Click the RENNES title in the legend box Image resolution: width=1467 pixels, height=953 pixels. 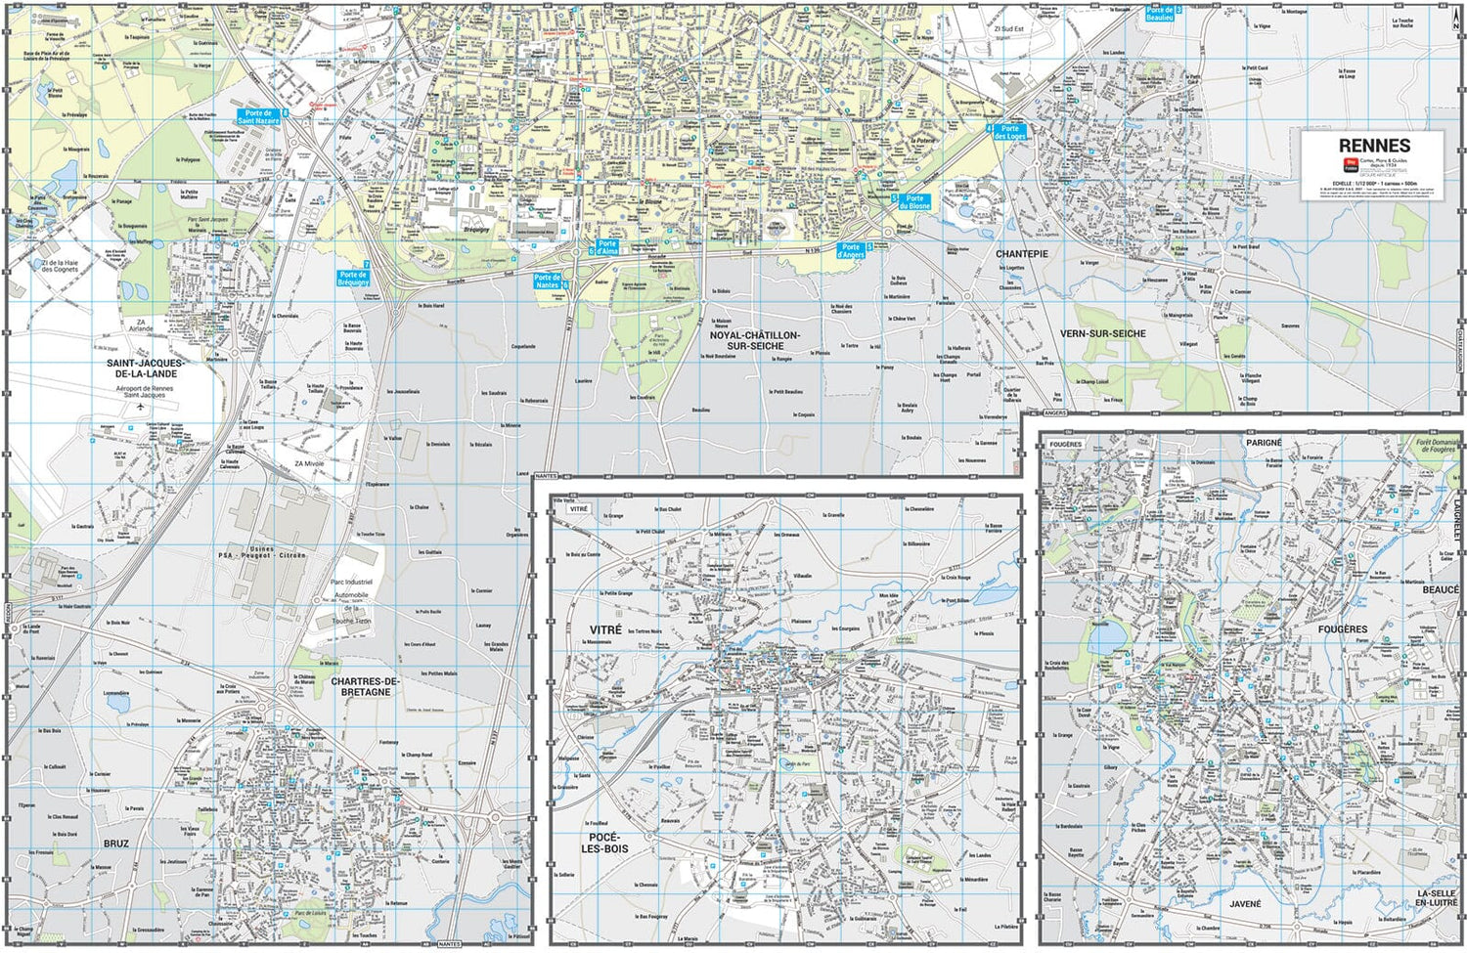(1374, 146)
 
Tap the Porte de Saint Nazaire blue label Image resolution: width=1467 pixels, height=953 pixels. (258, 117)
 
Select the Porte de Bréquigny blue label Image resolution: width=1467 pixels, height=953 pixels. (353, 279)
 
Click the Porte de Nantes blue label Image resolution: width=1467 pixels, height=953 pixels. (548, 282)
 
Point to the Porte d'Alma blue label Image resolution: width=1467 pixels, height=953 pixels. (607, 247)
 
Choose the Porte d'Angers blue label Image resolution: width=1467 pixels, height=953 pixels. (851, 251)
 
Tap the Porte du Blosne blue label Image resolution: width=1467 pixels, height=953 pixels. (914, 202)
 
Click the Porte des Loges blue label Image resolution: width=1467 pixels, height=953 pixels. (1009, 132)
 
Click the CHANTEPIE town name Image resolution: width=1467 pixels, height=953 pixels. (1022, 253)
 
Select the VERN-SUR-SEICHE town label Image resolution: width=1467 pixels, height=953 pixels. (1103, 333)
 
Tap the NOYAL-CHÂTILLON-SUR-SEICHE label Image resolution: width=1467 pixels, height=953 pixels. (754, 340)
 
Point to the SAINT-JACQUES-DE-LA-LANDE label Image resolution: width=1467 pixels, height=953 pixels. (145, 368)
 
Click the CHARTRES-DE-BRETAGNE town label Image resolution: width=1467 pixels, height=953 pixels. (366, 686)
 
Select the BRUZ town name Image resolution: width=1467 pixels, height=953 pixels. (115, 843)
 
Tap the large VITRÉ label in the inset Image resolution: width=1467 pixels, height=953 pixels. (605, 629)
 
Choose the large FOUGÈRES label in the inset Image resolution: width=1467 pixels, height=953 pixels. (1342, 629)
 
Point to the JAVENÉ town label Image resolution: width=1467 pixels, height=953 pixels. (1245, 903)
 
